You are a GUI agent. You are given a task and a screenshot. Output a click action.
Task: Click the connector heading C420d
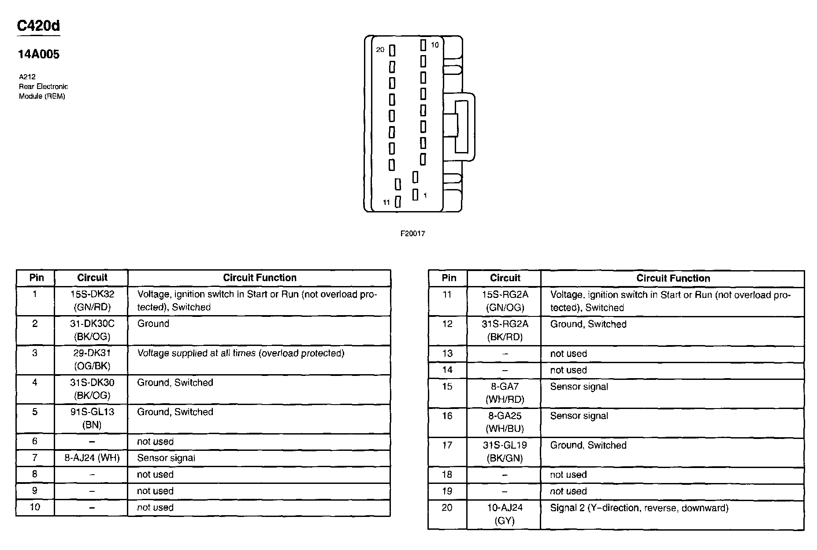(x=38, y=26)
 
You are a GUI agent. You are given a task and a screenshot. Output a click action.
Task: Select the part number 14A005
(x=38, y=54)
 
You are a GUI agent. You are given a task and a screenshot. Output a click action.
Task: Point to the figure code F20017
(x=412, y=234)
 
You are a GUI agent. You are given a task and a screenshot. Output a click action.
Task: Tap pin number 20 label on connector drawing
(x=380, y=50)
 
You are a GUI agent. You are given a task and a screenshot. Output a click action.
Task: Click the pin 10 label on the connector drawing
(x=434, y=45)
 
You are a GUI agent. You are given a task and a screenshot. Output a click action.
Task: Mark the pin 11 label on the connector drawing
(x=386, y=202)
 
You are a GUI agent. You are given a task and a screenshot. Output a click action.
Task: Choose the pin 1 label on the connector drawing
(x=425, y=195)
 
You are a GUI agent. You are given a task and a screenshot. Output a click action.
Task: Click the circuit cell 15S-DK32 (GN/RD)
(x=92, y=301)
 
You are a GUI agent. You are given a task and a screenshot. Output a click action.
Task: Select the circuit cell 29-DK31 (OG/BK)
(x=92, y=360)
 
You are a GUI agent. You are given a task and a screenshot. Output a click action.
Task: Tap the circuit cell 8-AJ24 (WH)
(x=92, y=458)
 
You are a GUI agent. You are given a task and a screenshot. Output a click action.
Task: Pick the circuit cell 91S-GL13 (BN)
(x=92, y=418)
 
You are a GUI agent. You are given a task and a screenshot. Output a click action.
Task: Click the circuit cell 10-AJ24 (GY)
(x=505, y=514)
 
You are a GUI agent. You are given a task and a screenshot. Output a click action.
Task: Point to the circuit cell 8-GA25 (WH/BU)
(x=505, y=422)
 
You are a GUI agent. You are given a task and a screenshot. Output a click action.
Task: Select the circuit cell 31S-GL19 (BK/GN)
(x=505, y=452)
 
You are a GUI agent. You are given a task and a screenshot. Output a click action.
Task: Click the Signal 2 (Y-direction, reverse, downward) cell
(x=639, y=508)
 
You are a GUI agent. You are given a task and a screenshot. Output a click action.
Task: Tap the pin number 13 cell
(x=447, y=353)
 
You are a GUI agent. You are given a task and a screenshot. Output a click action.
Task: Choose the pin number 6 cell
(x=35, y=441)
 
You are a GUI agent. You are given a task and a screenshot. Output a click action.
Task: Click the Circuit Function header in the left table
(x=260, y=278)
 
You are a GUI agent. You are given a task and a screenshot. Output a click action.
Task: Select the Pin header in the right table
(x=449, y=278)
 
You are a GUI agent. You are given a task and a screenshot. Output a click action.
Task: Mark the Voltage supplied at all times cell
(x=241, y=353)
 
